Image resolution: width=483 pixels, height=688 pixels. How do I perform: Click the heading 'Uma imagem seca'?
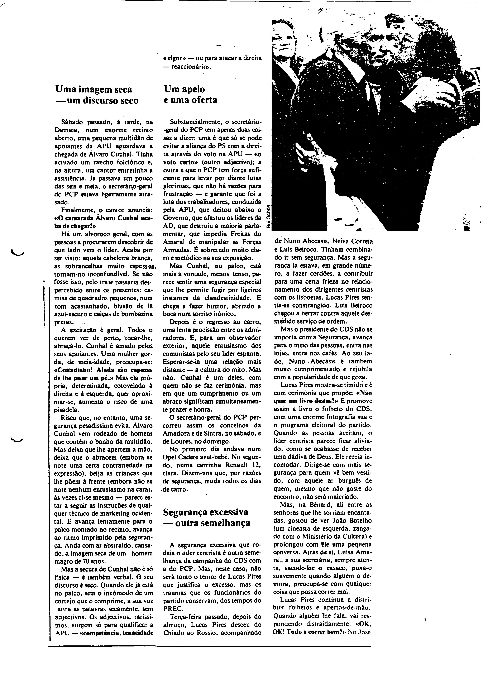coord(94,89)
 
